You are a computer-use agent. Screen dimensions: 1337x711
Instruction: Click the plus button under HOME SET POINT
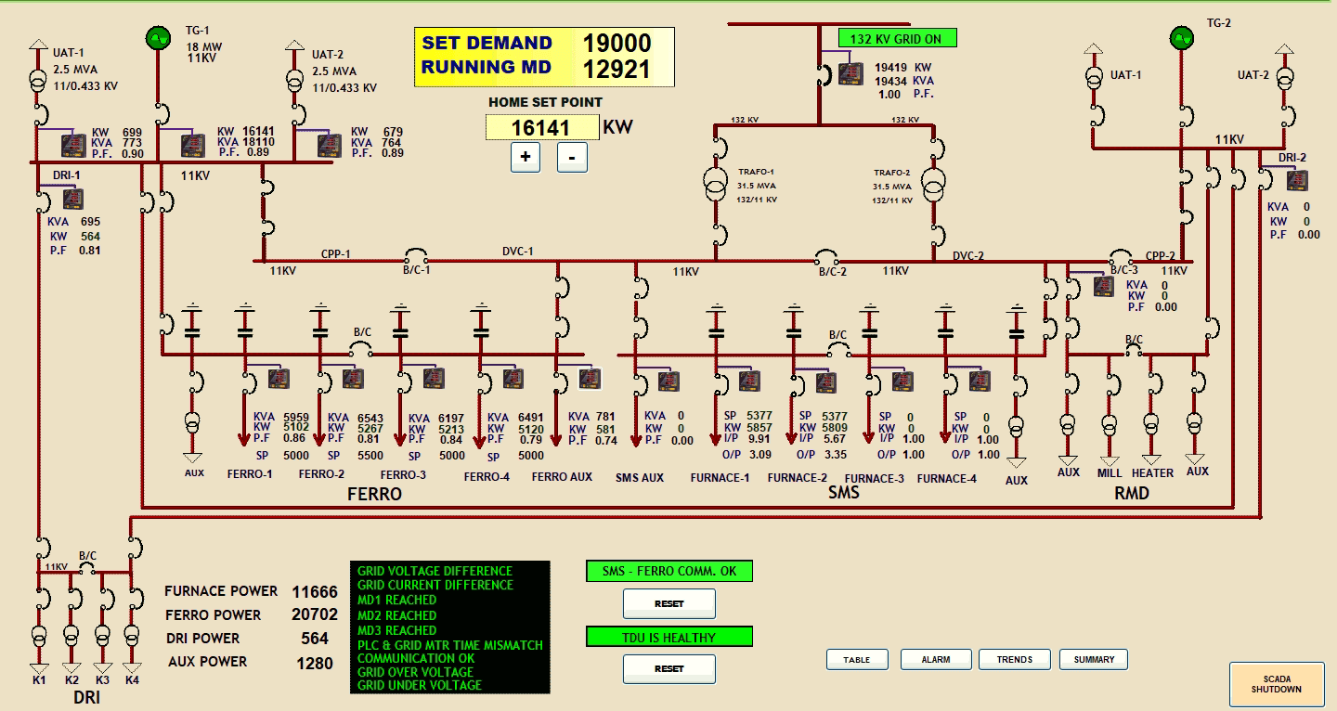(x=526, y=157)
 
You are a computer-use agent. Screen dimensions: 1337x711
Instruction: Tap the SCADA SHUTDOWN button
(x=1277, y=684)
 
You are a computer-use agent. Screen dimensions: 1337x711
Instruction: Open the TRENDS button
(x=1014, y=659)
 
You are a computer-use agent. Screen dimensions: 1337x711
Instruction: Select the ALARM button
(x=935, y=659)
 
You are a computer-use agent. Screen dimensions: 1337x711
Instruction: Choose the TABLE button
(x=856, y=659)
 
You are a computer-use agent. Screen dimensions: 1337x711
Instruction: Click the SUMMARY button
(x=1094, y=659)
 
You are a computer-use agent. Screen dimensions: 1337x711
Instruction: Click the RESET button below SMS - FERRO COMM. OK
(x=668, y=603)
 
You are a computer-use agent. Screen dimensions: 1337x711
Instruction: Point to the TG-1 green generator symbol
(x=158, y=38)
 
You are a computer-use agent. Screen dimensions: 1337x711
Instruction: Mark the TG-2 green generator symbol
(x=1182, y=38)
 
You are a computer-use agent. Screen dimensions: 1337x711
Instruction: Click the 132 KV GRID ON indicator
(x=897, y=38)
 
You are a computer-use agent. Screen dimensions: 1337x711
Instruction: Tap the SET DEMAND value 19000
(x=617, y=43)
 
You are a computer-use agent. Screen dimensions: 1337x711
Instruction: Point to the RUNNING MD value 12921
(x=617, y=70)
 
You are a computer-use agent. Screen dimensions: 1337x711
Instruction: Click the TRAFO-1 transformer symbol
(x=716, y=184)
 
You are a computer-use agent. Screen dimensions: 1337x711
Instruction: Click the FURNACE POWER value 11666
(x=315, y=591)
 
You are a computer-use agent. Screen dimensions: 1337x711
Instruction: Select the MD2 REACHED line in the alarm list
(x=396, y=615)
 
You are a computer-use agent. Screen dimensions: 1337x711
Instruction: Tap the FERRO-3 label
(x=403, y=475)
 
